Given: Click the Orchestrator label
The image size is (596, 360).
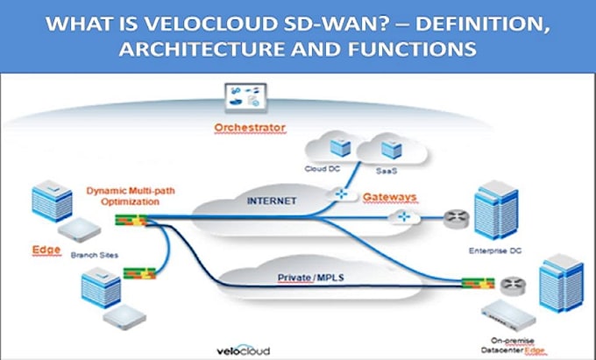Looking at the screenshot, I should [x=250, y=128].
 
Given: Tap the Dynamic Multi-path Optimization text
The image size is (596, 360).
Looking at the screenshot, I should [x=122, y=194].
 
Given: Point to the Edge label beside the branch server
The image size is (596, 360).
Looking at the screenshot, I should [x=46, y=250].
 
